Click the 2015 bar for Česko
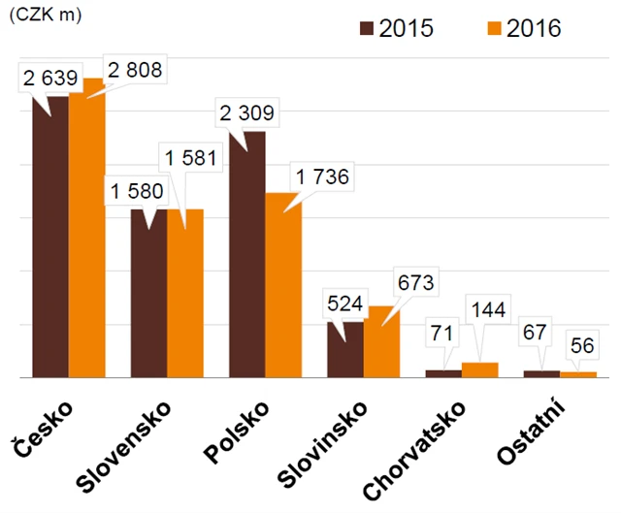click(49, 237)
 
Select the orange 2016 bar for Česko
click(85, 228)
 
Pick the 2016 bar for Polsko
click(282, 285)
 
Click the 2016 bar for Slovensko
click(184, 293)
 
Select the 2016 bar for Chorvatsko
click(478, 369)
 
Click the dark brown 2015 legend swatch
click(367, 28)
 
